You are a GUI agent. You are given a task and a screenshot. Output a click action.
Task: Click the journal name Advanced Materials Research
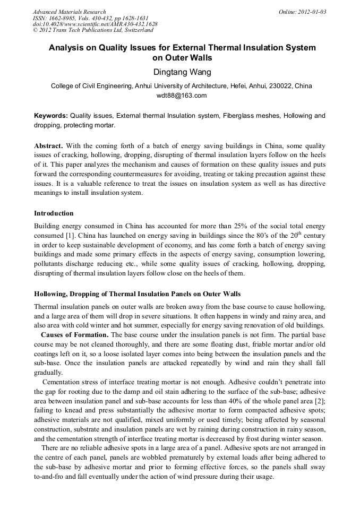pos(69,12)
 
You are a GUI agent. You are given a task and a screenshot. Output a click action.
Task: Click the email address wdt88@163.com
pos(181,96)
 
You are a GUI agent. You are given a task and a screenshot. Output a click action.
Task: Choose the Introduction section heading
pos(54,213)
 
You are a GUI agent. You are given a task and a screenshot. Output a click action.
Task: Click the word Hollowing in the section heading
pos(51,294)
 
